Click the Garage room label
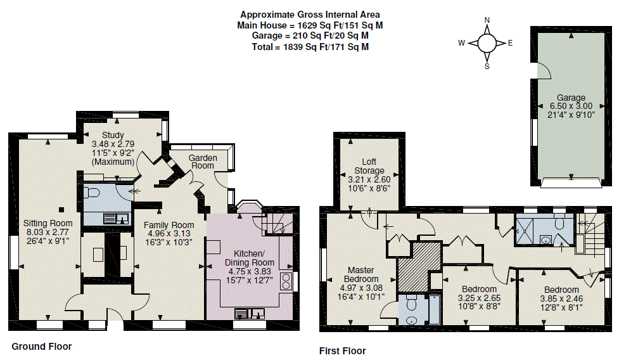click(x=571, y=98)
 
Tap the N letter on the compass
click(x=487, y=20)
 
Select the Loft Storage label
click(x=369, y=166)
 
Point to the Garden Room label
click(x=203, y=162)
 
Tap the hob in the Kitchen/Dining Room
click(x=286, y=281)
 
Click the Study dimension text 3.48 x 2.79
click(x=113, y=144)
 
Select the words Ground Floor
click(x=41, y=347)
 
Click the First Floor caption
click(x=342, y=351)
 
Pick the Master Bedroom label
click(x=361, y=274)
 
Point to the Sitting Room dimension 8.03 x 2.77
click(x=48, y=232)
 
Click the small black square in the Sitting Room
click(x=61, y=210)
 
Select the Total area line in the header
click(x=310, y=47)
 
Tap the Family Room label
click(x=169, y=225)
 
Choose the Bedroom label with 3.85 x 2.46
click(x=561, y=290)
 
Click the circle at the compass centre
click(x=487, y=43)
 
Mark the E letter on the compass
click(x=510, y=43)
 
